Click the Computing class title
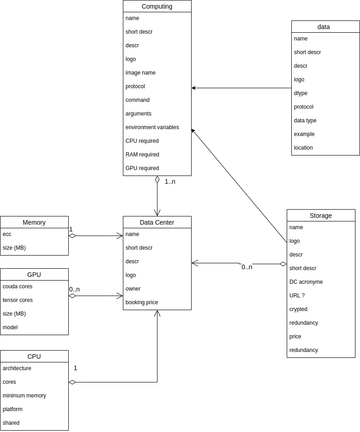(157, 6)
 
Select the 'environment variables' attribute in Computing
(152, 127)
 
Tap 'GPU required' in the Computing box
(142, 168)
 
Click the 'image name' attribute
(140, 73)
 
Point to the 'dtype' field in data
(300, 93)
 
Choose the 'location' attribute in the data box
(303, 148)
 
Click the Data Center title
(157, 222)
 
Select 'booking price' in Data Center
(142, 302)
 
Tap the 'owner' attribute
(133, 289)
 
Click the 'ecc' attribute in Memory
(7, 234)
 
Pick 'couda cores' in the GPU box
(17, 286)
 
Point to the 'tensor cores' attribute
(18, 300)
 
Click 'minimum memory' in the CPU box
(24, 396)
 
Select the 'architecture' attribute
(17, 368)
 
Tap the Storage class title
(321, 216)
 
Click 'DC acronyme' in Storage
(306, 282)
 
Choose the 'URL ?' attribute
(297, 296)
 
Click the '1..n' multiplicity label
(170, 181)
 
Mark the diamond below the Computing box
(157, 180)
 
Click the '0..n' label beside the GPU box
(74, 289)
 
